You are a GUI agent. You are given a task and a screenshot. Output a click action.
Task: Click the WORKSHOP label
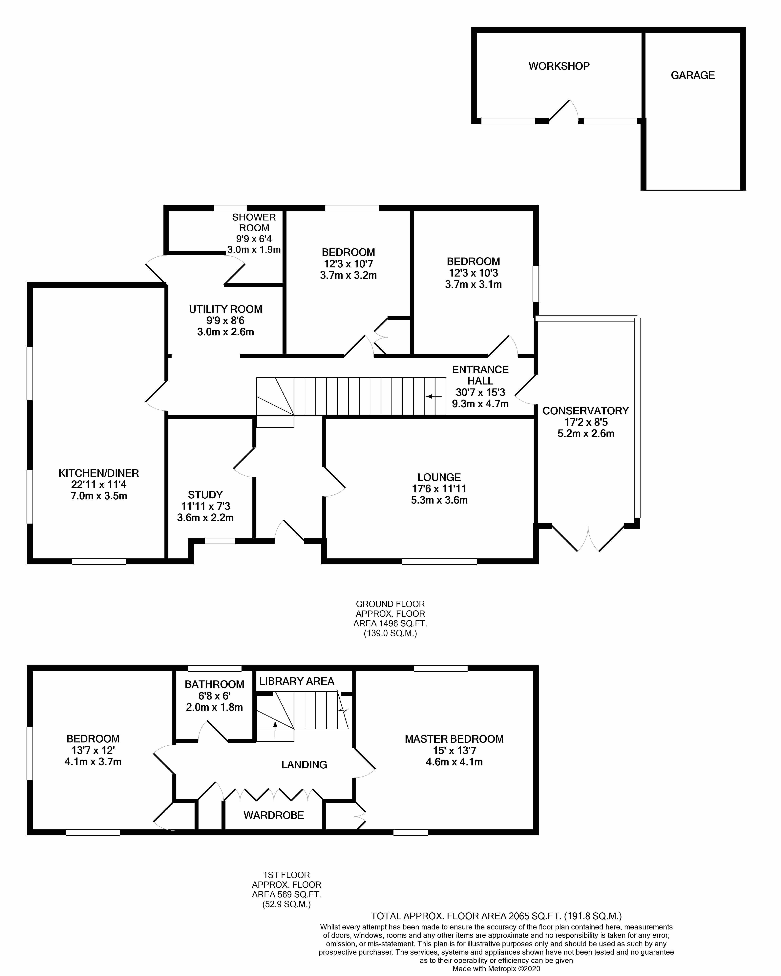coord(559,66)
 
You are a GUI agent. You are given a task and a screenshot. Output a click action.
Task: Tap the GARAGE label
coord(692,75)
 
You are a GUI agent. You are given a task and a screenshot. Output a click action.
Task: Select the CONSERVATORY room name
coord(585,411)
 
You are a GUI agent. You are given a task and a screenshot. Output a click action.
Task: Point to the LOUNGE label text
coord(439,477)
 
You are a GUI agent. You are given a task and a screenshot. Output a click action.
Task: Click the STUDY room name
coord(205,495)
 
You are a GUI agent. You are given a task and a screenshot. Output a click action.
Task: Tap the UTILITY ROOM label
coord(225,309)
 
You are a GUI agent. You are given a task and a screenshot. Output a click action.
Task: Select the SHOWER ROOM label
coord(254,223)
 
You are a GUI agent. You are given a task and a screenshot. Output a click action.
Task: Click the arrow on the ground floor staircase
coord(434,397)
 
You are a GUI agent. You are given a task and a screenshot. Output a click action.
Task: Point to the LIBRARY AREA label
coord(297,681)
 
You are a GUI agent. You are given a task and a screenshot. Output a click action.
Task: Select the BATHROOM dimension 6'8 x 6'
coord(214,696)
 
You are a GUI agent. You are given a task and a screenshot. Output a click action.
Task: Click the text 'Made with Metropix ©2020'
coord(496,969)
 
